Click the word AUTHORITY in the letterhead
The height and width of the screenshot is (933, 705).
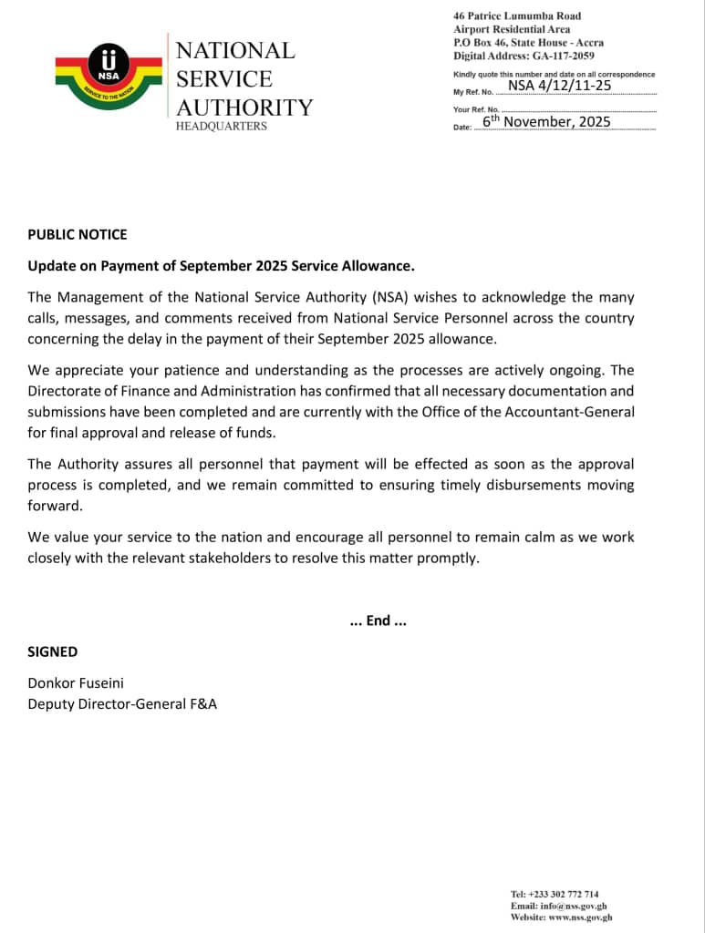pos(244,108)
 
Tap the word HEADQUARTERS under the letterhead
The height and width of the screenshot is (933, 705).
pos(222,127)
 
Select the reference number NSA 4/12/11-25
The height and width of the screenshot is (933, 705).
pos(559,86)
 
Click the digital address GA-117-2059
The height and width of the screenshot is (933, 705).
pos(561,56)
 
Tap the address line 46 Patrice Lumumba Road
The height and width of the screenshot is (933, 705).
pos(516,15)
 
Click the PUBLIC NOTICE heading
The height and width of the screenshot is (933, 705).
pos(78,234)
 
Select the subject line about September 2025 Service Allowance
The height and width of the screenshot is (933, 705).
pos(221,266)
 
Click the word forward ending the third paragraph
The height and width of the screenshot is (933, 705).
pos(55,506)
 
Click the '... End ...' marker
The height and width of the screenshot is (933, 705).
pos(378,620)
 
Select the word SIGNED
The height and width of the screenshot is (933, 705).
pos(52,651)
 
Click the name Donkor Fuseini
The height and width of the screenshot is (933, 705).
pos(79,682)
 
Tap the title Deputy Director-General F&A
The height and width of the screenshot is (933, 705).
pos(122,703)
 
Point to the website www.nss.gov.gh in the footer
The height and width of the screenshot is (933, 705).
pos(580,918)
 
